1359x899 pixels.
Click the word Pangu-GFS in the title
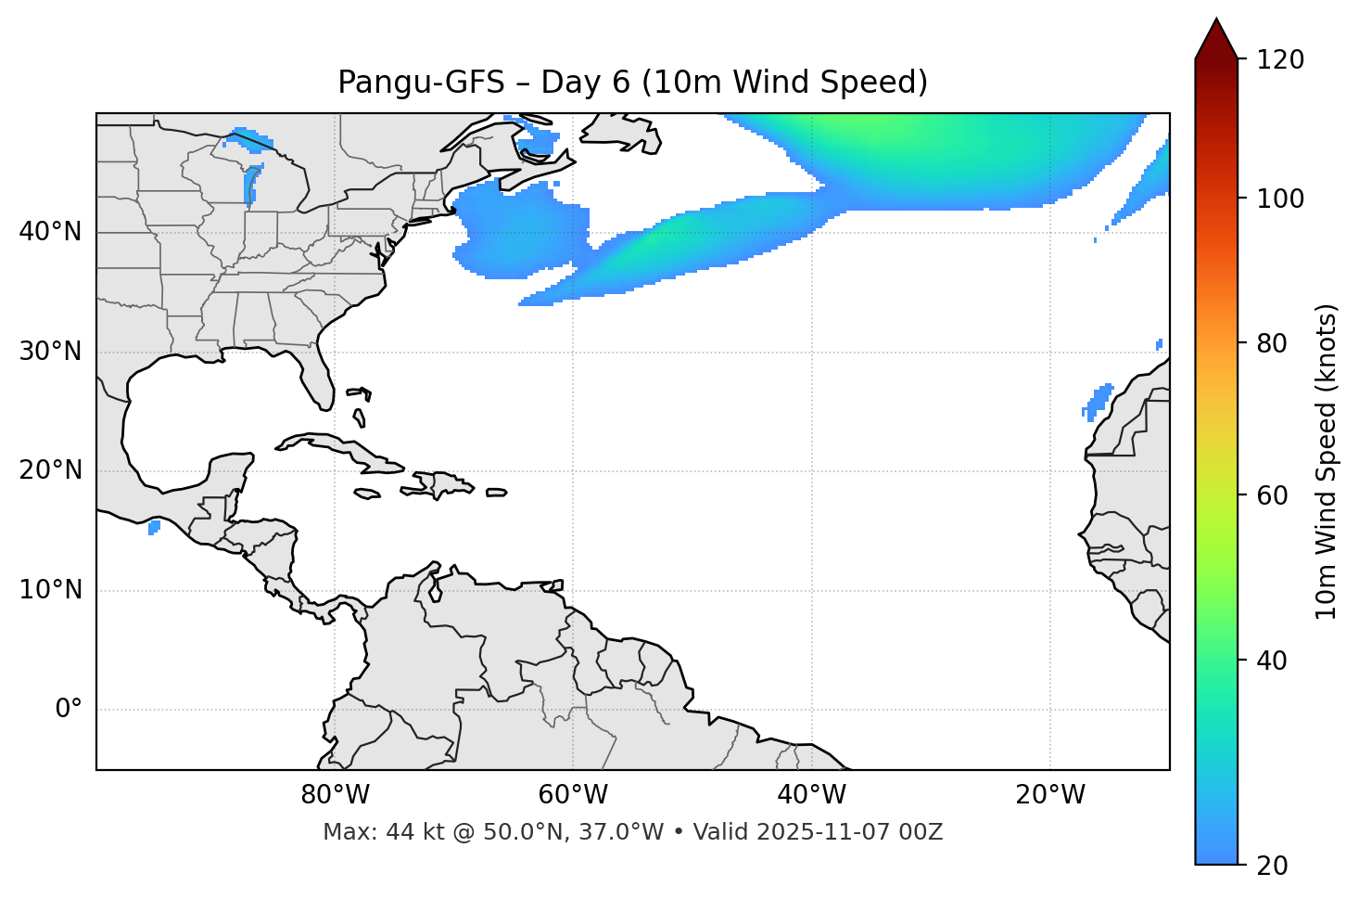[420, 83]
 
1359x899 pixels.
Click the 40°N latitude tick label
[50, 232]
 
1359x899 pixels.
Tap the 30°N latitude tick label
[50, 352]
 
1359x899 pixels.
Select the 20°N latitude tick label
[50, 470]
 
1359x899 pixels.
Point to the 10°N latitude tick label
[50, 590]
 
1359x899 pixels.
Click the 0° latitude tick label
[68, 710]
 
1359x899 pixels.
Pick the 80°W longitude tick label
[335, 795]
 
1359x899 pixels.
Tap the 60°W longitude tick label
[573, 795]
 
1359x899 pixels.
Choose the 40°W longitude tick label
[811, 795]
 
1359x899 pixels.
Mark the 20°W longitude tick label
[1049, 795]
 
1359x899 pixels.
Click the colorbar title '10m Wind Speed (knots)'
[1327, 461]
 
